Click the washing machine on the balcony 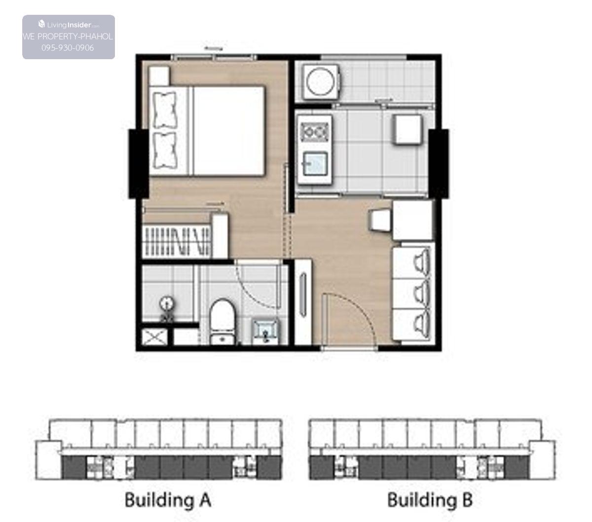320,81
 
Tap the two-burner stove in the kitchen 315,132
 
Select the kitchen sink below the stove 315,164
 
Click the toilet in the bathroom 222,321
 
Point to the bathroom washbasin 265,332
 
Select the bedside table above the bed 159,76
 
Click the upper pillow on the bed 165,110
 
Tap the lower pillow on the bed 165,150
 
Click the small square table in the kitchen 407,129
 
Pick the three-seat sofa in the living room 412,294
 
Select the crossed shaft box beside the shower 154,337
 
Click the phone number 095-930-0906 68,48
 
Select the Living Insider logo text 69,25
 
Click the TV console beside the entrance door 303,302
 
